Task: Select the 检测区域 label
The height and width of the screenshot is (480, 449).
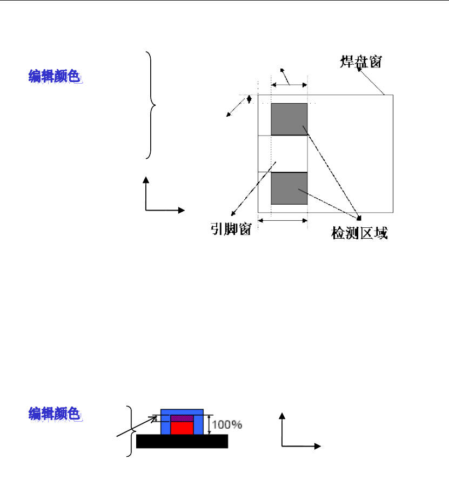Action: (x=359, y=233)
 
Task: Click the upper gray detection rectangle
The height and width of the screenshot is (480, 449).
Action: (x=289, y=119)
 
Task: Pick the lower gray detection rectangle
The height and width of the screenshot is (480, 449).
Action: (x=289, y=188)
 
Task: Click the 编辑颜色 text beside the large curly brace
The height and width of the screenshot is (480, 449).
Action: (x=55, y=77)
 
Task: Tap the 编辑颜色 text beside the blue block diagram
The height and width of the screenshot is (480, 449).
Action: (x=55, y=414)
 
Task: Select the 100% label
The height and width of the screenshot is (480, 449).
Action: (x=227, y=424)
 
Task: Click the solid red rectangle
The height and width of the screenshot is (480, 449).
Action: (x=182, y=428)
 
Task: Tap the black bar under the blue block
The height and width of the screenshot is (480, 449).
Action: (x=182, y=441)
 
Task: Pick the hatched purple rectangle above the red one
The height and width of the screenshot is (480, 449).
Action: (x=182, y=418)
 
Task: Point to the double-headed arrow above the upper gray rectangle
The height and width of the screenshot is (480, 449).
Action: (x=289, y=85)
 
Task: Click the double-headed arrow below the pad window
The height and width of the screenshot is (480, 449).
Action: (x=283, y=220)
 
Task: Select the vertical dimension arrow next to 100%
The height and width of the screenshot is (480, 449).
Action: (x=209, y=424)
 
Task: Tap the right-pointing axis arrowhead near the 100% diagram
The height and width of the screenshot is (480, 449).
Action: (x=318, y=447)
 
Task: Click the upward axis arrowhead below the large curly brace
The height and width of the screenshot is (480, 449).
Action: (x=146, y=179)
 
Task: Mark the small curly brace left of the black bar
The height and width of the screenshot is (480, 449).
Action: (x=129, y=431)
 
